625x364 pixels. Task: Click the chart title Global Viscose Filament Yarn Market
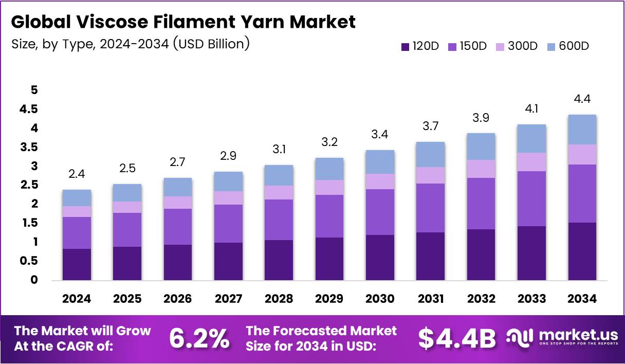183,22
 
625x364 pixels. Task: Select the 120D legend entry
420,46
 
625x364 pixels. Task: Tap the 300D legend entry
517,46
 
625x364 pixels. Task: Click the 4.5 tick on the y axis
29,109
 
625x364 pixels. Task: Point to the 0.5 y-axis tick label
29,261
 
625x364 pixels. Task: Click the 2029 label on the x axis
329,299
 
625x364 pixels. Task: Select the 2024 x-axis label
77,299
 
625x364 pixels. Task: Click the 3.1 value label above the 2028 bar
279,149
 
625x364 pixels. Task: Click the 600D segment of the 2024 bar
77,198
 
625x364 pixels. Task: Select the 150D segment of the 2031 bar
431,208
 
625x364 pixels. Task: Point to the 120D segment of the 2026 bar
178,262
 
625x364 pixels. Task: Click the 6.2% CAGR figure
199,338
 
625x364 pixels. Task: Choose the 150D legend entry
467,46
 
